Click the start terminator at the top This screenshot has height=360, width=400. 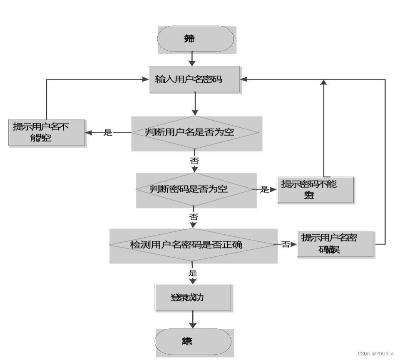click(195, 39)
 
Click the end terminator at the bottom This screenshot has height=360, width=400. click(193, 342)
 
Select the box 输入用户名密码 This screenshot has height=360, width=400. click(194, 79)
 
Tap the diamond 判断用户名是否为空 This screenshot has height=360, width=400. click(196, 132)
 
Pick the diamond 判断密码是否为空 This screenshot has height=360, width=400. click(194, 189)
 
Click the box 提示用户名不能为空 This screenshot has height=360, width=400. click(47, 132)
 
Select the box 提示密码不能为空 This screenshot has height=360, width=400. click(315, 189)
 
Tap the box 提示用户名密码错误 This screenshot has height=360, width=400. click(335, 244)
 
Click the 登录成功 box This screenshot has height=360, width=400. click(192, 297)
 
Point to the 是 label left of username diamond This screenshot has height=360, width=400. click(108, 133)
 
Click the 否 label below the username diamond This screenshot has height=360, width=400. click(194, 160)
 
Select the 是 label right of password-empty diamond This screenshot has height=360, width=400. click(265, 189)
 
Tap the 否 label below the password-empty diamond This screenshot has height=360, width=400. click(194, 217)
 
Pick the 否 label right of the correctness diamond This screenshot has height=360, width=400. click(286, 244)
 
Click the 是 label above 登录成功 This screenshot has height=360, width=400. click(192, 273)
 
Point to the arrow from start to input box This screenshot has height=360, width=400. click(192, 58)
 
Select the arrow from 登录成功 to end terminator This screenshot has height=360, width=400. click(192, 320)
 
